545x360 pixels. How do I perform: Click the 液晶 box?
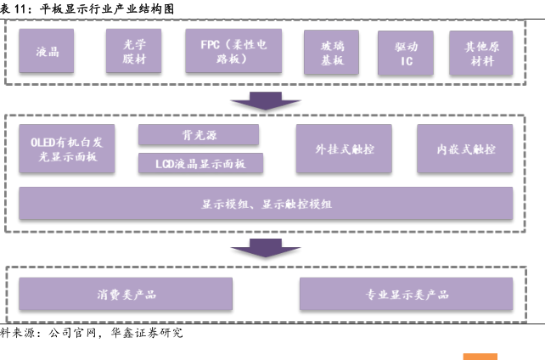tap(46, 51)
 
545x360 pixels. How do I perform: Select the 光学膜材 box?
tap(134, 51)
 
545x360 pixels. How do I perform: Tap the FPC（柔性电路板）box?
tap(233, 51)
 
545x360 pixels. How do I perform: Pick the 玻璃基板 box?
tap(332, 52)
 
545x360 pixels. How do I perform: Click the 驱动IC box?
tap(406, 53)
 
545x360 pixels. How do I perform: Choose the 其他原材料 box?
tap(481, 53)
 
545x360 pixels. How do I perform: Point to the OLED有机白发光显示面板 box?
tap(67, 149)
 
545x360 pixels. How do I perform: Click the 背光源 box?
tap(199, 134)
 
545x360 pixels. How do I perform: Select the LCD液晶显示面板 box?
tap(200, 163)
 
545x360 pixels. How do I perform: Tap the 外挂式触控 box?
tap(344, 149)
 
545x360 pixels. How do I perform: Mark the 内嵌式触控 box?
tap(465, 149)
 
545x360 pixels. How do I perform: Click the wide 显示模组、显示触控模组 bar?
tap(266, 203)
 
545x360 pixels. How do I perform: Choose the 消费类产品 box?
tap(126, 294)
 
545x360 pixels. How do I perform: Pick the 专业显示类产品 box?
tap(407, 294)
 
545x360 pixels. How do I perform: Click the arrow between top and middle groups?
tap(266, 101)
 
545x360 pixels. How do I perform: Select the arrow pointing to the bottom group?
tap(266, 248)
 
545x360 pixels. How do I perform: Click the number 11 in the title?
tap(20, 8)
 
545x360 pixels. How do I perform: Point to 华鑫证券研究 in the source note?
tap(147, 333)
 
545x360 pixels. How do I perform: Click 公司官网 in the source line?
tap(72, 333)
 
